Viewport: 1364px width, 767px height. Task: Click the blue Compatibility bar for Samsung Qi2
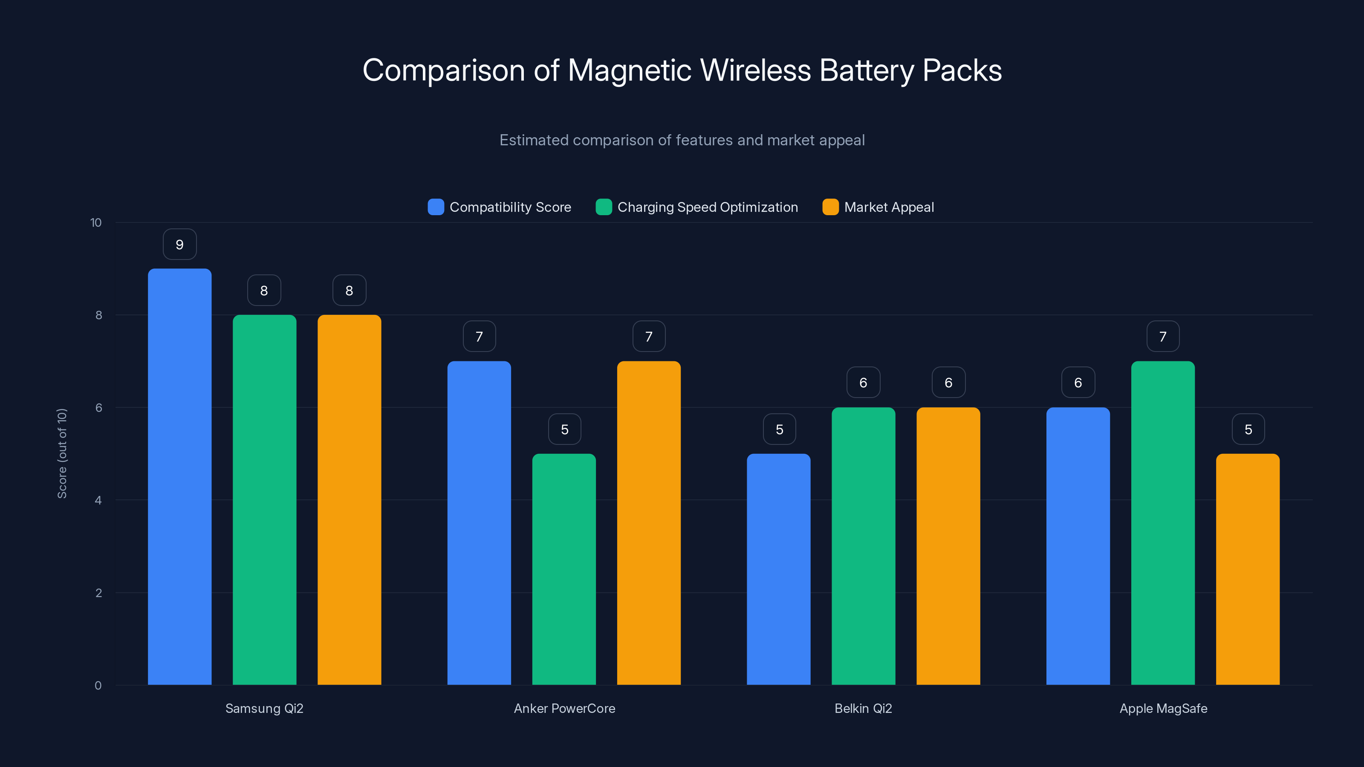coord(179,476)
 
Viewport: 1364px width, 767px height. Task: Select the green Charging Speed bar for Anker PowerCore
coord(564,569)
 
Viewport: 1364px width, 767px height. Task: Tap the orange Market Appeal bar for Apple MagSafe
coord(1248,569)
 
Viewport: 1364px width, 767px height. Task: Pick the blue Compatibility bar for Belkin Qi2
coord(778,569)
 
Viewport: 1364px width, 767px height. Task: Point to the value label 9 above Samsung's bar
coord(179,245)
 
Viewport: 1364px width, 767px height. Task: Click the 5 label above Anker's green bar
coord(564,429)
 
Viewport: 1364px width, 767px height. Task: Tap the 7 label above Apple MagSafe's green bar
coord(1163,337)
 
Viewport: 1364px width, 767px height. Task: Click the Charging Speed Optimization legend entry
coord(697,207)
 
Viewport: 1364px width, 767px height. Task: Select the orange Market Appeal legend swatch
coord(830,207)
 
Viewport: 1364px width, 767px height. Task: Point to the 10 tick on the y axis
coord(96,222)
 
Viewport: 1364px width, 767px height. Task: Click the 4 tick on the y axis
coord(98,500)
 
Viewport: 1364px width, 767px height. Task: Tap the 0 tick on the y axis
coord(98,686)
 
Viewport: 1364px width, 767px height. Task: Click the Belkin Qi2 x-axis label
coord(863,708)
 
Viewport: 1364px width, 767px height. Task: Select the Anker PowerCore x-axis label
coord(564,708)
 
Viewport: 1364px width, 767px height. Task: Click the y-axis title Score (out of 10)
coord(62,453)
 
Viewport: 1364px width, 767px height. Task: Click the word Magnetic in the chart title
coord(629,70)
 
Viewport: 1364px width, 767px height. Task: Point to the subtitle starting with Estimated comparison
coord(682,140)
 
